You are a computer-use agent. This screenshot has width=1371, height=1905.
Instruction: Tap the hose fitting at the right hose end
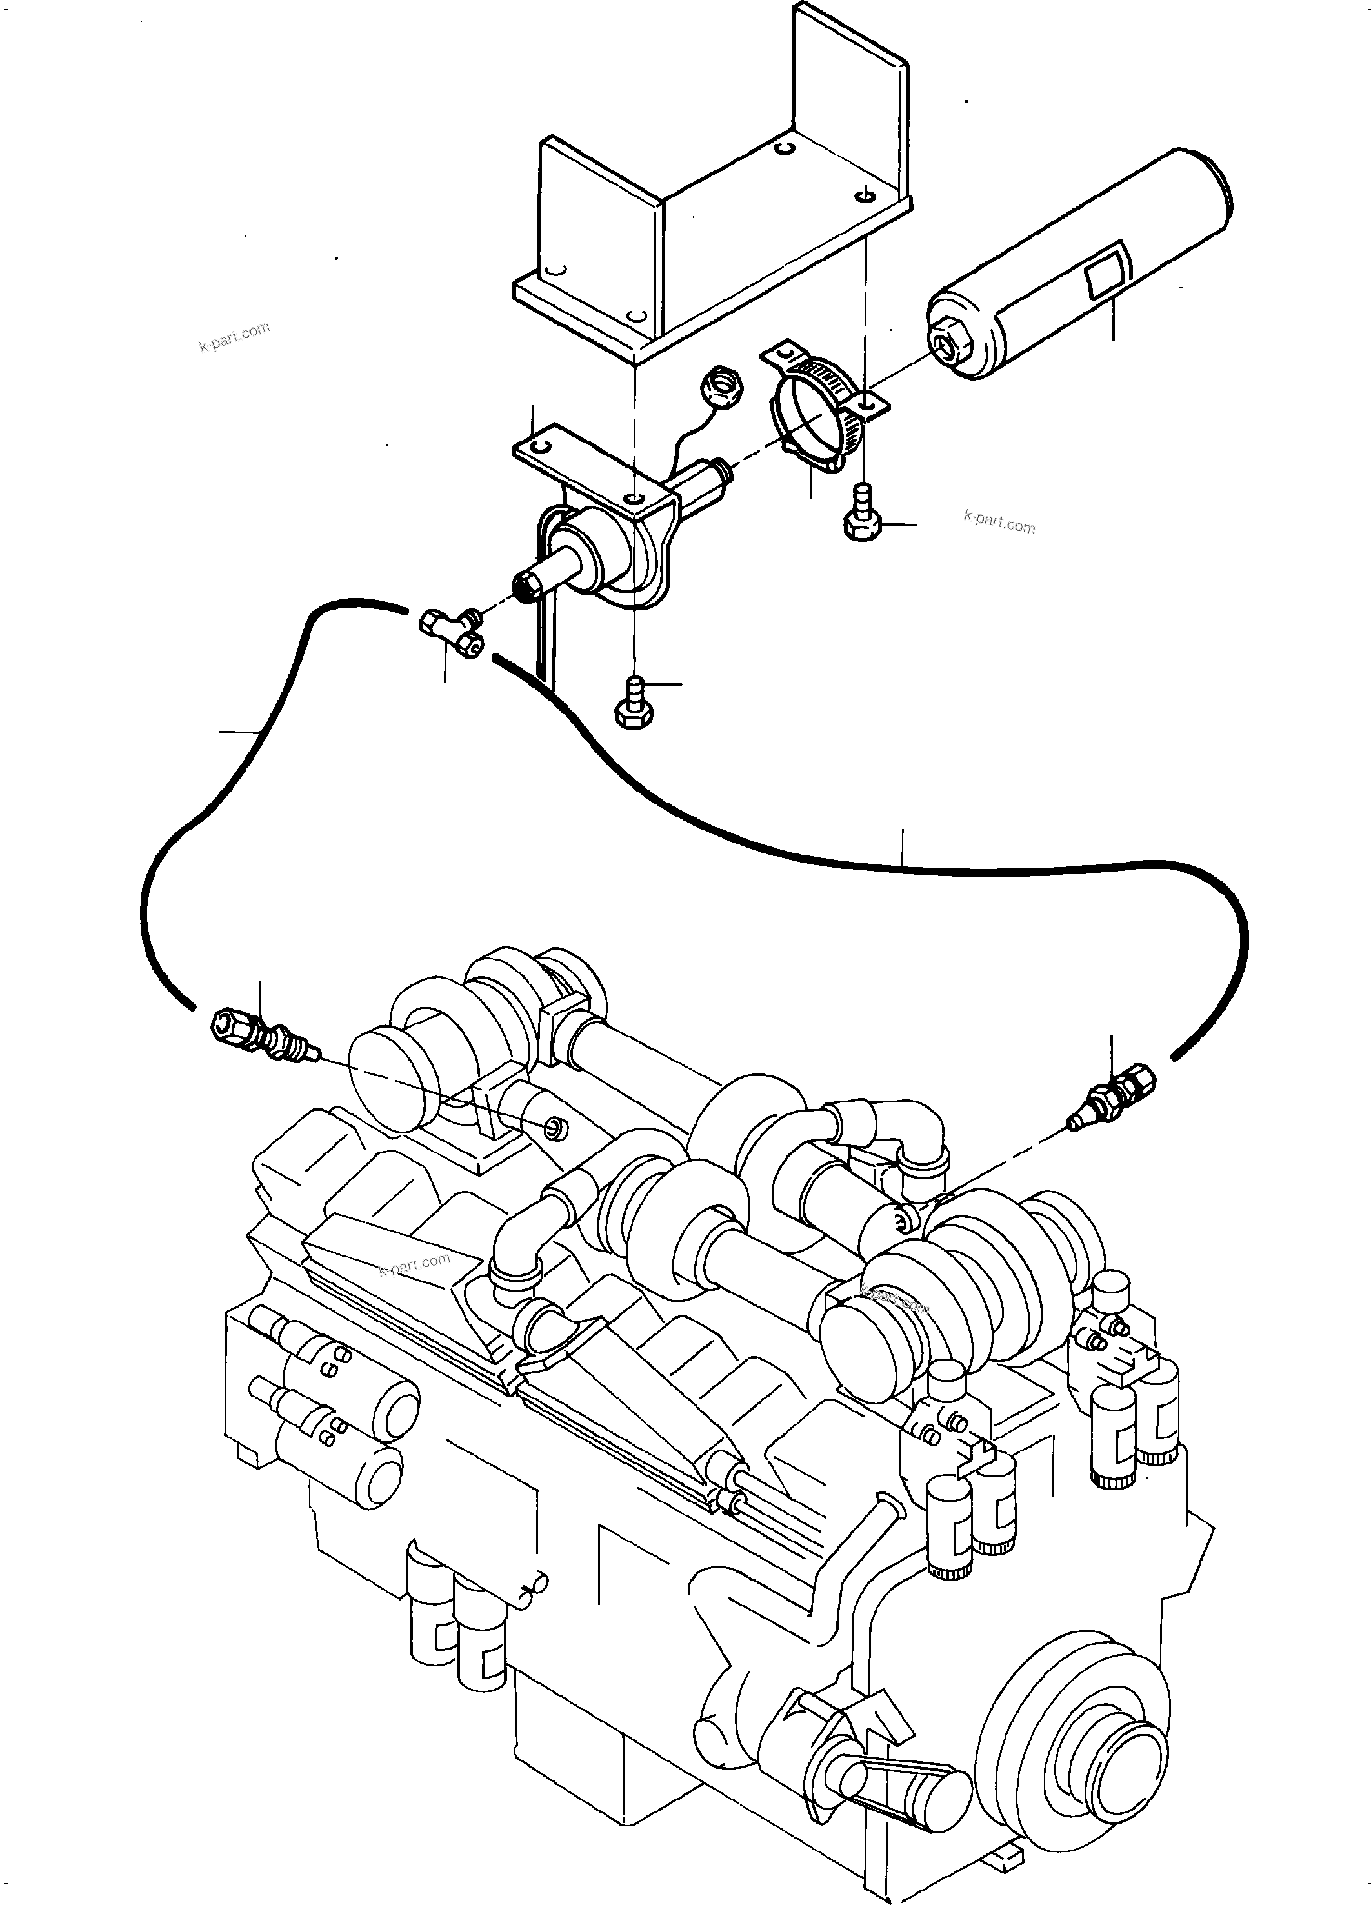pyautogui.click(x=1112, y=1095)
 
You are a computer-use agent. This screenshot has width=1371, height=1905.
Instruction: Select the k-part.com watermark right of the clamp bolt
pyautogui.click(x=999, y=523)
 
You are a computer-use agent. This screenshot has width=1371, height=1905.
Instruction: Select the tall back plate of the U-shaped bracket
pyautogui.click(x=848, y=84)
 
